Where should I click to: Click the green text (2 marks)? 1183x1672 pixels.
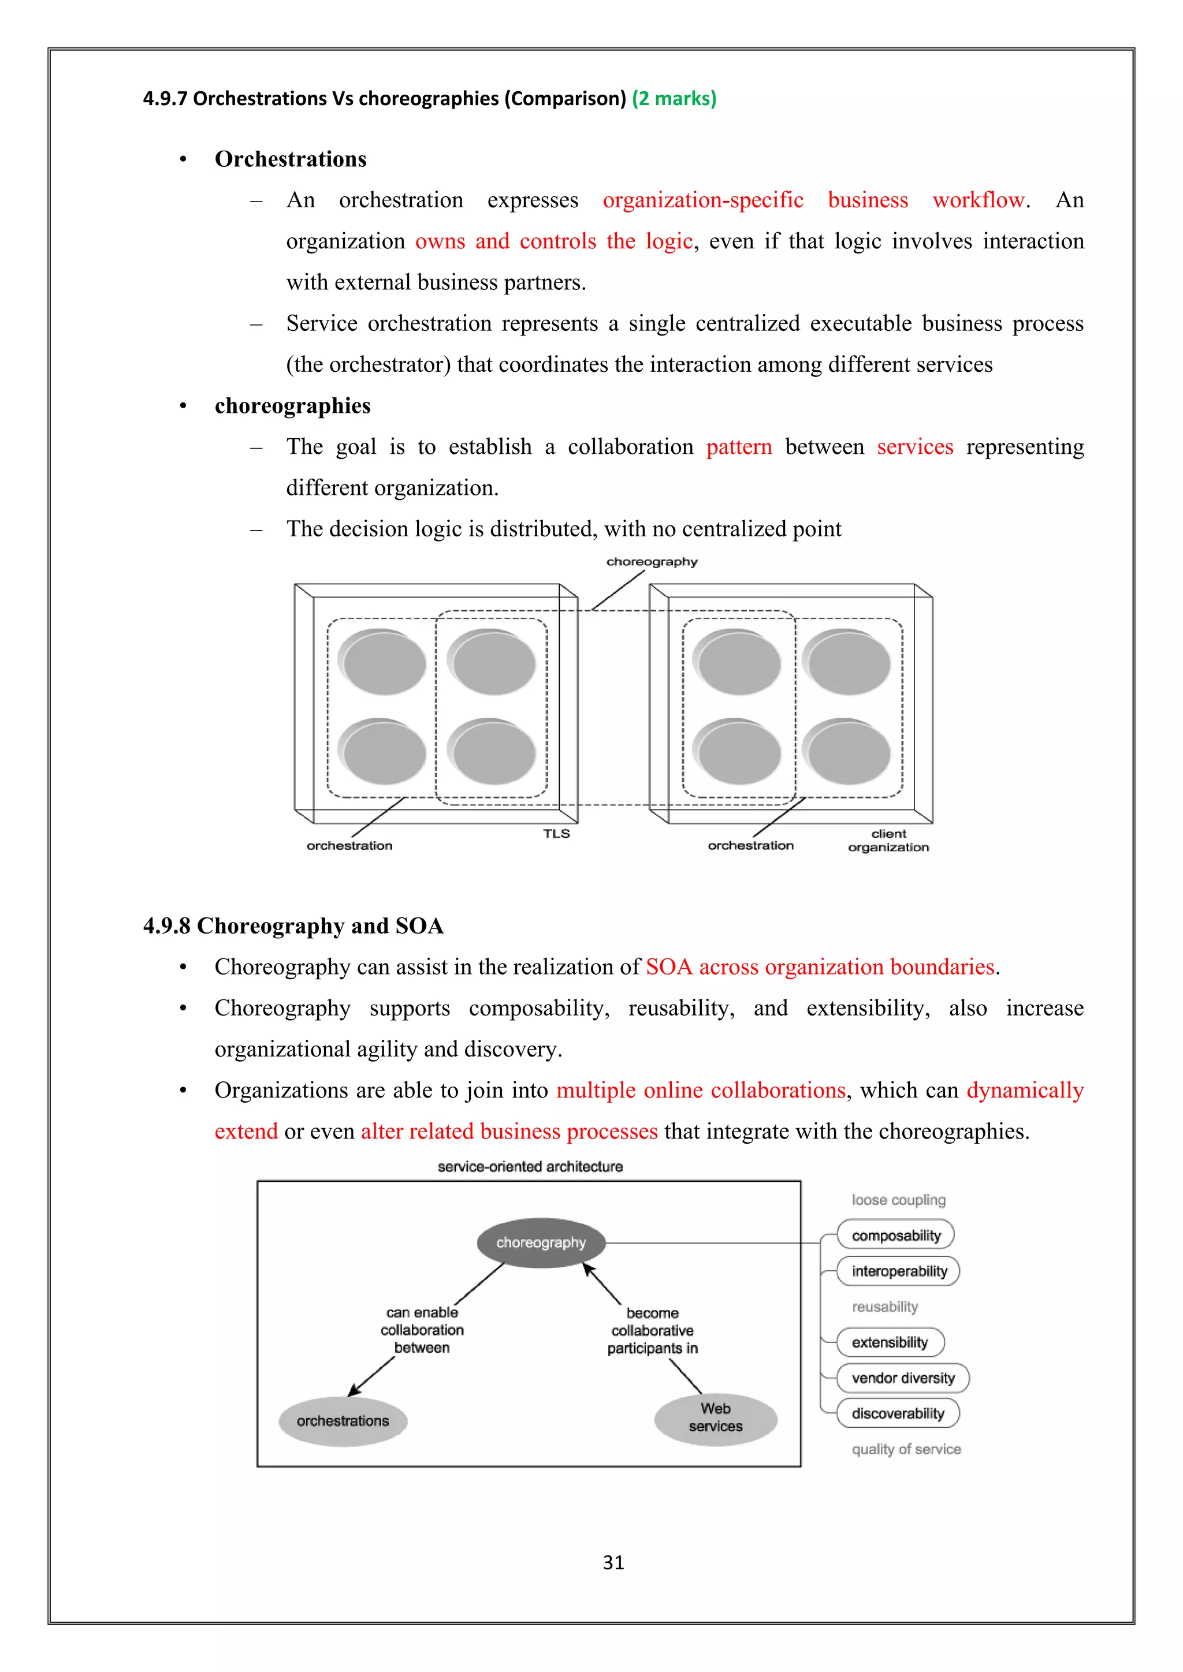pos(674,98)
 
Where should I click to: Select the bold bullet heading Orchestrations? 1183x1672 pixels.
pos(290,159)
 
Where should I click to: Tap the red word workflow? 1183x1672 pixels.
pos(979,200)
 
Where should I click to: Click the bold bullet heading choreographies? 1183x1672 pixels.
pos(292,406)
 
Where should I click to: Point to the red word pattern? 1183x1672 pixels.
pos(739,446)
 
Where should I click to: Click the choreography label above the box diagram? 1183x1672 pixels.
pos(651,561)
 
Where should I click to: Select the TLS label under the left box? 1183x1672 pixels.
pos(556,834)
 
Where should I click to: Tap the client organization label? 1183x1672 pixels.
pos(888,841)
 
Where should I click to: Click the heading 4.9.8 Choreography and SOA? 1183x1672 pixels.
pos(293,925)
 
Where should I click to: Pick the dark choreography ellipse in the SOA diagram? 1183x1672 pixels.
pos(541,1242)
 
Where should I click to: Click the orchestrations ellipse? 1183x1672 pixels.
pos(343,1421)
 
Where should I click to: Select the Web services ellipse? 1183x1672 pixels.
pos(715,1418)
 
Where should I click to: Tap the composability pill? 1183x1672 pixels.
pos(895,1235)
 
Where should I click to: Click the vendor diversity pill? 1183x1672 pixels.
pos(902,1378)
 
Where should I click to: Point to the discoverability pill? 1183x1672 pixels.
pos(898,1413)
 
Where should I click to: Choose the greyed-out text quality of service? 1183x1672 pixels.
pos(906,1449)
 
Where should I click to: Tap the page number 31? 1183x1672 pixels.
pos(613,1563)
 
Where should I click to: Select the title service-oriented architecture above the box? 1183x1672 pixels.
pos(530,1167)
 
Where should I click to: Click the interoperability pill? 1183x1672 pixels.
pos(898,1271)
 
